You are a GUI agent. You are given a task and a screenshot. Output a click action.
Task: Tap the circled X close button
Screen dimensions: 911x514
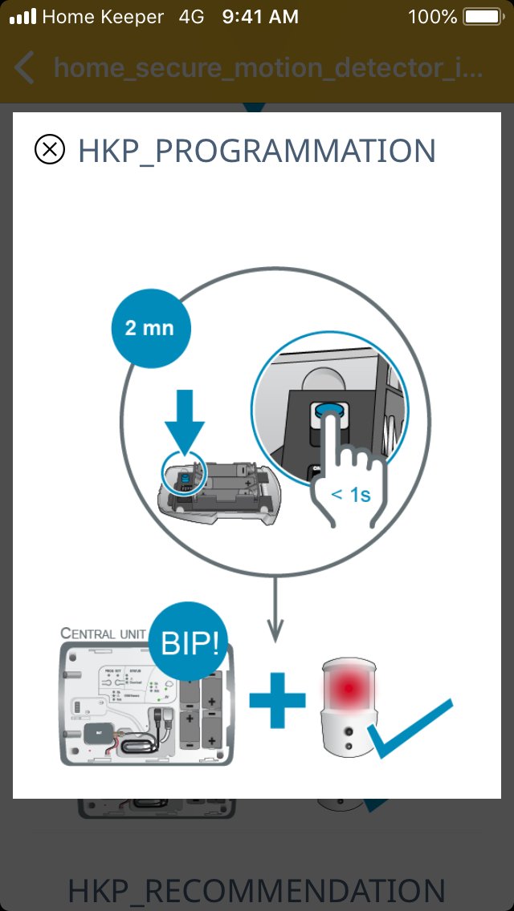[x=50, y=150]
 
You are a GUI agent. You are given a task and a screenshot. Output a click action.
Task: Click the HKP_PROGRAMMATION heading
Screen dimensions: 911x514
[x=257, y=151]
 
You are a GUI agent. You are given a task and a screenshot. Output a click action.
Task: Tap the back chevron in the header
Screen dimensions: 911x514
[x=25, y=68]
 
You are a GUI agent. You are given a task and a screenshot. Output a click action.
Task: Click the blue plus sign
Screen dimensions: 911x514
[x=277, y=699]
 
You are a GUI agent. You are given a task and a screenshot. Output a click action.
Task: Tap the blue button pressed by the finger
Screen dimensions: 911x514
[x=329, y=411]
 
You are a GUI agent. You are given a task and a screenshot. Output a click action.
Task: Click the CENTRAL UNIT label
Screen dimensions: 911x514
[x=102, y=634]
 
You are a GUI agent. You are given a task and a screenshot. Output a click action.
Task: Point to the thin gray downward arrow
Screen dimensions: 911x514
[x=275, y=609]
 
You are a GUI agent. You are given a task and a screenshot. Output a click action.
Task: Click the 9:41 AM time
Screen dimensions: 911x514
[x=260, y=16]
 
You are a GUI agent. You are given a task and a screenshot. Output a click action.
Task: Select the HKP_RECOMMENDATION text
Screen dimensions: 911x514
[x=257, y=891]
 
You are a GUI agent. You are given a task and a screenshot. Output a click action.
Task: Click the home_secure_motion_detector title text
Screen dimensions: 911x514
[x=268, y=68]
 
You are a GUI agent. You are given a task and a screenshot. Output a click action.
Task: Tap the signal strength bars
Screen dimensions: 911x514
[x=22, y=16]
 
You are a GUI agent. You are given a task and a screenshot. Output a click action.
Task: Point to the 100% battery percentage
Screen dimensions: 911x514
[x=432, y=16]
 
